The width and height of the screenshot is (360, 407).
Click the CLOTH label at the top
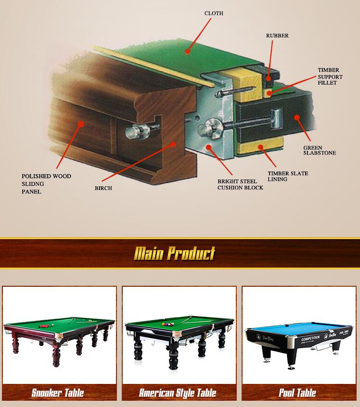pos(214,13)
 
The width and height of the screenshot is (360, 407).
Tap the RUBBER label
pos(277,36)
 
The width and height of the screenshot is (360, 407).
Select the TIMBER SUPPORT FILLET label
pos(330,76)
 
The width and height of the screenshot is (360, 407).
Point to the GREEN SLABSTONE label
pos(320,150)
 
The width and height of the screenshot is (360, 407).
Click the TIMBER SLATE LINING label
pos(288,176)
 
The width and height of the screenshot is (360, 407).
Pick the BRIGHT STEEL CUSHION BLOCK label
pos(240,185)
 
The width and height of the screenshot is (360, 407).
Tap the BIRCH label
pos(103,188)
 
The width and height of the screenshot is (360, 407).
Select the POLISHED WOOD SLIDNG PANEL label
pos(47,184)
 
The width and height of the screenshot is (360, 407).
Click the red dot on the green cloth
pos(188,51)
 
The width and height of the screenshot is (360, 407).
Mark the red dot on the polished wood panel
pos(81,124)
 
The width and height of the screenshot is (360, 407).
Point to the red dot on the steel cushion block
pos(208,147)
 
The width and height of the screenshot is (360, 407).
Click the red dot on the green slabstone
pos(297,117)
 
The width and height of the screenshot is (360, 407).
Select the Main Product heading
pos(175,254)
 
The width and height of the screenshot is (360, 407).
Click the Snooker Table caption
pos(58,393)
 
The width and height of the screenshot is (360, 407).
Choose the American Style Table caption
pos(178,393)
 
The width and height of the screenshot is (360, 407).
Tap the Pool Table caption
pos(297,393)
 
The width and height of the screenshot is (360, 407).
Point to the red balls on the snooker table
pos(45,326)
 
